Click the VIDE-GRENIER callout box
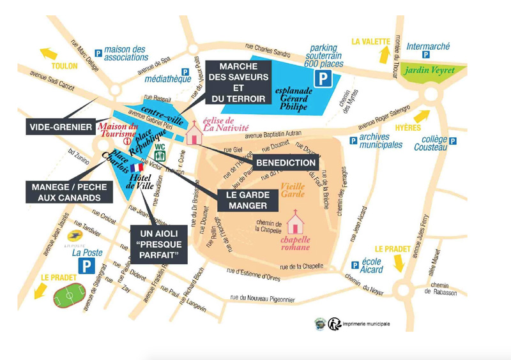pos(61,127)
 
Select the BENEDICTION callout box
pos(286,163)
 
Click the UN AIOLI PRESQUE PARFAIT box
pos(159,244)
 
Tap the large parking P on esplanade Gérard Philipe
pos(324,79)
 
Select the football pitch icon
pos(68,296)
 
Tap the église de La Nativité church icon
pos(194,134)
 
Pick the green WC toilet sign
pos(160,153)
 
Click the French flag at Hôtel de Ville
pos(137,168)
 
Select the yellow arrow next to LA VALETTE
pos(384,55)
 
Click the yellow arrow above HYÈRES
pos(422,116)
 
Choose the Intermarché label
pos(428,46)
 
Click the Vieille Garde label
pos(293,190)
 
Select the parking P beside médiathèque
pos(185,72)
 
